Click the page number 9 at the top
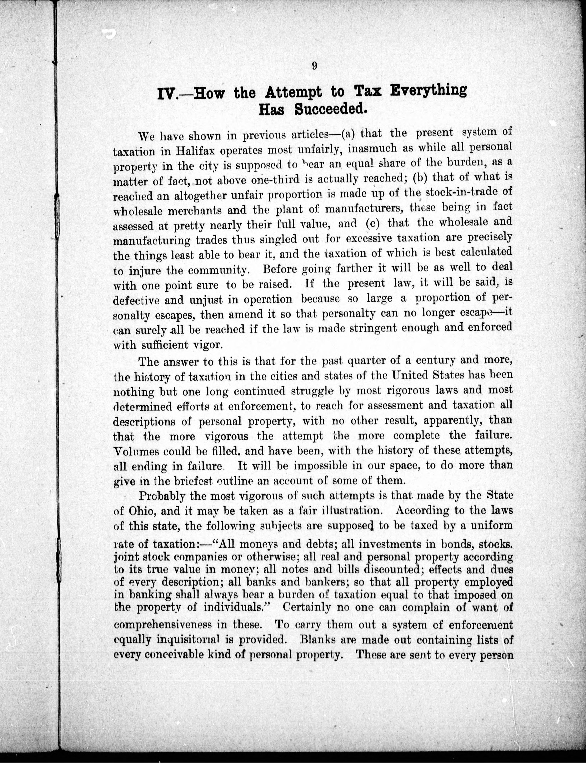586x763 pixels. pyautogui.click(x=314, y=66)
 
